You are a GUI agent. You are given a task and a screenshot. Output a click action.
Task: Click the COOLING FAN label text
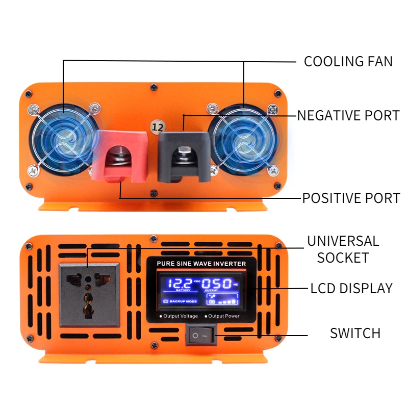348,62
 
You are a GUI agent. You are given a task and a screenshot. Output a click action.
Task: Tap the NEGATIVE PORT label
348,115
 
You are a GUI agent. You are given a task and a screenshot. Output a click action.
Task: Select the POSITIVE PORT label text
351,198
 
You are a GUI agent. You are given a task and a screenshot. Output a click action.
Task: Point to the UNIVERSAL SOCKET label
343,249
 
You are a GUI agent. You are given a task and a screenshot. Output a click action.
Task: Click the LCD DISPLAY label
351,288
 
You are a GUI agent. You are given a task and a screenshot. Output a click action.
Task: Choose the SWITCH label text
355,334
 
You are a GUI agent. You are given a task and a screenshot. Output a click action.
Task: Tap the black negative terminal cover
184,153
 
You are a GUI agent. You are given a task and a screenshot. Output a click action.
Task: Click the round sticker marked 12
157,125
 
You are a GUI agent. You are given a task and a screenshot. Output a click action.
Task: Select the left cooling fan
63,140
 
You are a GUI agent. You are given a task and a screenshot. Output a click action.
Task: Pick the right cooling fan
244,140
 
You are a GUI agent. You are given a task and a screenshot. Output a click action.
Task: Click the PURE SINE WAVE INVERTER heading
201,264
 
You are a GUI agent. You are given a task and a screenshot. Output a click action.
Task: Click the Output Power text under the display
223,316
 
